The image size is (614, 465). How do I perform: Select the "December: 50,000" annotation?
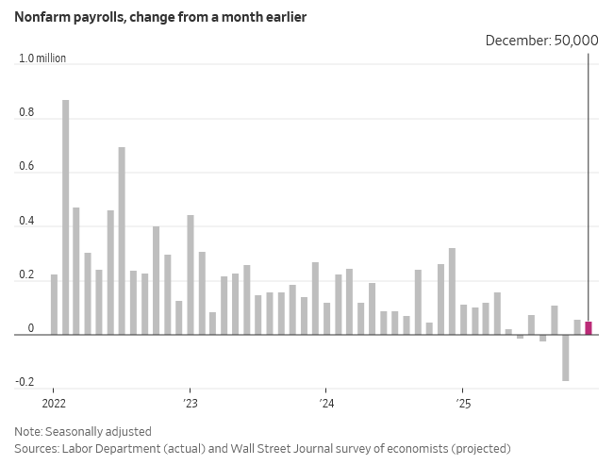(541, 41)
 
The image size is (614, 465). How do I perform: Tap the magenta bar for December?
(589, 328)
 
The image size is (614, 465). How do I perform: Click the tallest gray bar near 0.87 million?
(65, 217)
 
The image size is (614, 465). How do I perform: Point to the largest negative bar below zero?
(566, 357)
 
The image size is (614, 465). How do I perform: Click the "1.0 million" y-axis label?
(42, 58)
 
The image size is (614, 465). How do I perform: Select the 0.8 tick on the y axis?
(26, 113)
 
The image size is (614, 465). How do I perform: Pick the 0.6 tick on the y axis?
(26, 168)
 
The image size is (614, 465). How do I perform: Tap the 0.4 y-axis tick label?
(26, 223)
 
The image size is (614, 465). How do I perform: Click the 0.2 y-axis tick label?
(26, 276)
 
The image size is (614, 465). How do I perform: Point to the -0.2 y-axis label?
(25, 383)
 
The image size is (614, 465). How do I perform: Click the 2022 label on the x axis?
(53, 403)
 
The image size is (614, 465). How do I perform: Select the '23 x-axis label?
(190, 403)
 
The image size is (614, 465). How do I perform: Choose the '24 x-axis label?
(326, 403)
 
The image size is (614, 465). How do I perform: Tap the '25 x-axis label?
(462, 403)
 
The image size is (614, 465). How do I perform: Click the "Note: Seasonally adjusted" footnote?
(82, 431)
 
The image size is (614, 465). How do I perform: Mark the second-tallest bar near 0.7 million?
(122, 241)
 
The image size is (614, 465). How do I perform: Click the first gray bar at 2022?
(54, 305)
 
